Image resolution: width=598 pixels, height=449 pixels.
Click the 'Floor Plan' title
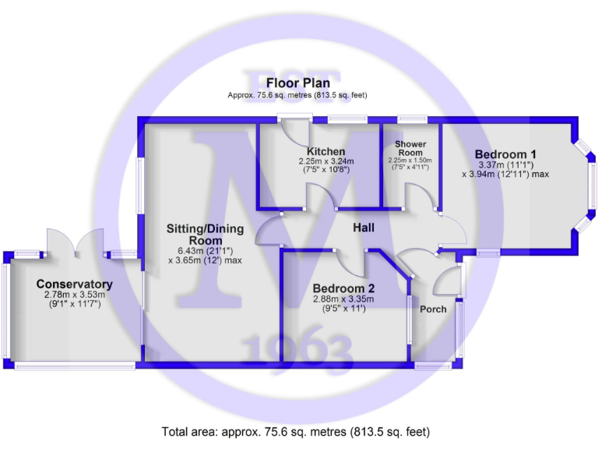(x=297, y=83)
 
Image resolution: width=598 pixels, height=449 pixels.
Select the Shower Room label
(x=410, y=149)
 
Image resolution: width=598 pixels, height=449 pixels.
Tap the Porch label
(x=434, y=309)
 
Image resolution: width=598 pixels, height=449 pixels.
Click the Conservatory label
(x=75, y=285)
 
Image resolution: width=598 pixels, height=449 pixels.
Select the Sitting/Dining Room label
(x=205, y=235)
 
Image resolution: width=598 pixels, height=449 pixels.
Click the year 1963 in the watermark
(x=297, y=351)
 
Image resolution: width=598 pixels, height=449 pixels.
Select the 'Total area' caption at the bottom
(x=296, y=431)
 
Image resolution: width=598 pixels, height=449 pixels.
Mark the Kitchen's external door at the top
(x=296, y=129)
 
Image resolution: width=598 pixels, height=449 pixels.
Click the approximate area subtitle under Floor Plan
(x=296, y=95)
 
